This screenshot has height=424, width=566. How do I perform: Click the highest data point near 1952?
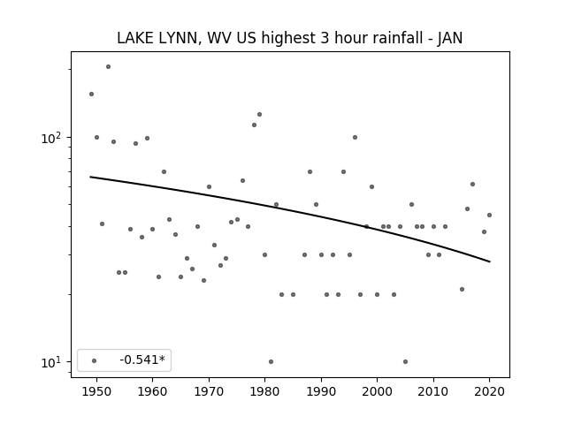(x=108, y=67)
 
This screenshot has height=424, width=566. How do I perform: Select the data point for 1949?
(x=91, y=95)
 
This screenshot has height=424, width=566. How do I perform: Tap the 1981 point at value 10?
(x=271, y=361)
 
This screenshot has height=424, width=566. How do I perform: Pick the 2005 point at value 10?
(x=405, y=361)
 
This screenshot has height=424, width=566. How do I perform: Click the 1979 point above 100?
(x=259, y=114)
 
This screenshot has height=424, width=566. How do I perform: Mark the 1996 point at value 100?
(x=355, y=138)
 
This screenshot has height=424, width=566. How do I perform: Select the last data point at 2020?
(x=489, y=215)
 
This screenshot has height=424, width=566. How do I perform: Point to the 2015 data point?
(x=462, y=289)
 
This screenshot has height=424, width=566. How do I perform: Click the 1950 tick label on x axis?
(x=96, y=391)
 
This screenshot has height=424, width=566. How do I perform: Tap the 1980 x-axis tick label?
(x=264, y=391)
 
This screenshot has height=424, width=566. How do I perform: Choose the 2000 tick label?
(x=377, y=391)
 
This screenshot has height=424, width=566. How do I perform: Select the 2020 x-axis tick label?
(x=489, y=391)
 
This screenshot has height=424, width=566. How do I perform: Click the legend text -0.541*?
(x=142, y=360)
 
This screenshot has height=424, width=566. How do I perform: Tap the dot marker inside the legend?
(x=94, y=360)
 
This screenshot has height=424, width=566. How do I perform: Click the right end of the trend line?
(x=490, y=261)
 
